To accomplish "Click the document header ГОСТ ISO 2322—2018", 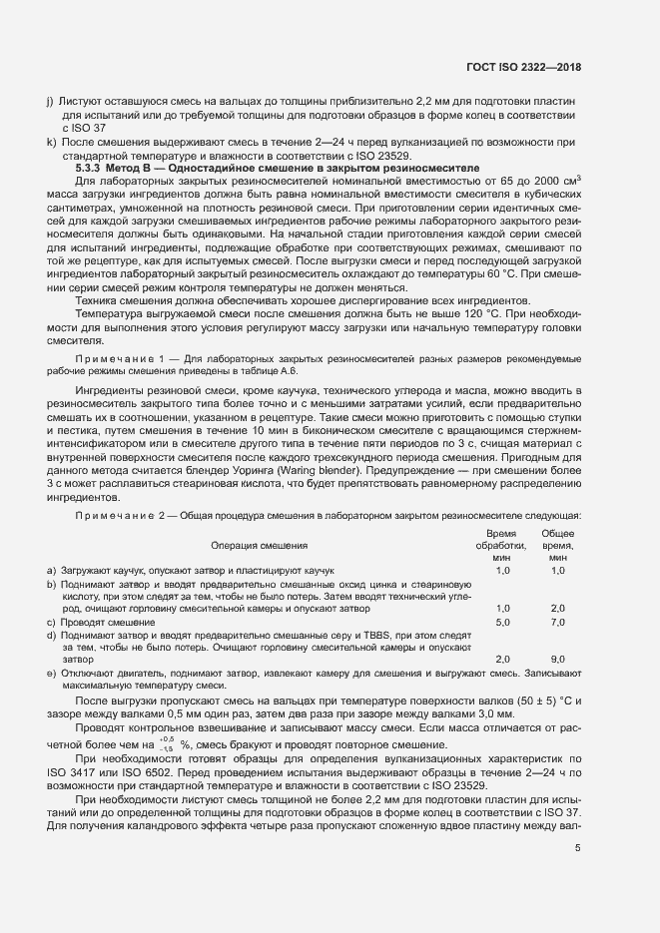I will (x=523, y=67).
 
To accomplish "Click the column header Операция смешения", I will (x=260, y=546).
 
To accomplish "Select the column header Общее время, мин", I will (x=557, y=546).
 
